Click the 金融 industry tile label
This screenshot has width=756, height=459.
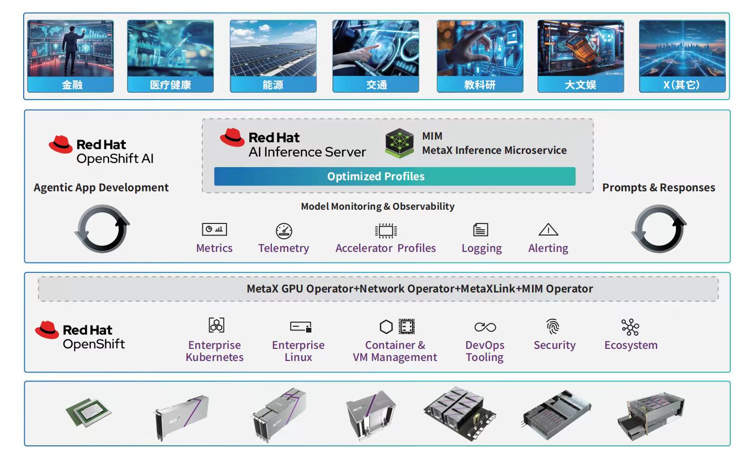coord(71,85)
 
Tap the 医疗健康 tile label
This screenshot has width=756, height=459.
coord(170,85)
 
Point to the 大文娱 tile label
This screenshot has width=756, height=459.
coord(581,85)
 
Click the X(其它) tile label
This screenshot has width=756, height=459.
coord(682,85)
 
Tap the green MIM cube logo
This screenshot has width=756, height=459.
coord(399,142)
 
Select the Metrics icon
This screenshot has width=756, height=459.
coord(214,230)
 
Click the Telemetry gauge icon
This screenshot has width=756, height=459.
coord(284,230)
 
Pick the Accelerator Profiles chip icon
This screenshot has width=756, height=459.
coord(386,230)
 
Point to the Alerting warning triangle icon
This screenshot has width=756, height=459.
coord(548,230)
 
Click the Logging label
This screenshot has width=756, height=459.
coord(482,248)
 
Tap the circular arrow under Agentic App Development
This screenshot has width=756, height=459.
coord(102,229)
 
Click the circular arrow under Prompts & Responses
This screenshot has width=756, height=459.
coord(660,229)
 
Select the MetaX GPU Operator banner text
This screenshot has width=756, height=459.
coord(419,289)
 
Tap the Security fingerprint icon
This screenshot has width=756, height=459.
coord(553,327)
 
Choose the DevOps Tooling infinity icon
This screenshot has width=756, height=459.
coord(485,327)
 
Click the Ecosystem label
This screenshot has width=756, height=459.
coord(631,345)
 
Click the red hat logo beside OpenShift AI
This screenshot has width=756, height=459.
coord(61,144)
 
